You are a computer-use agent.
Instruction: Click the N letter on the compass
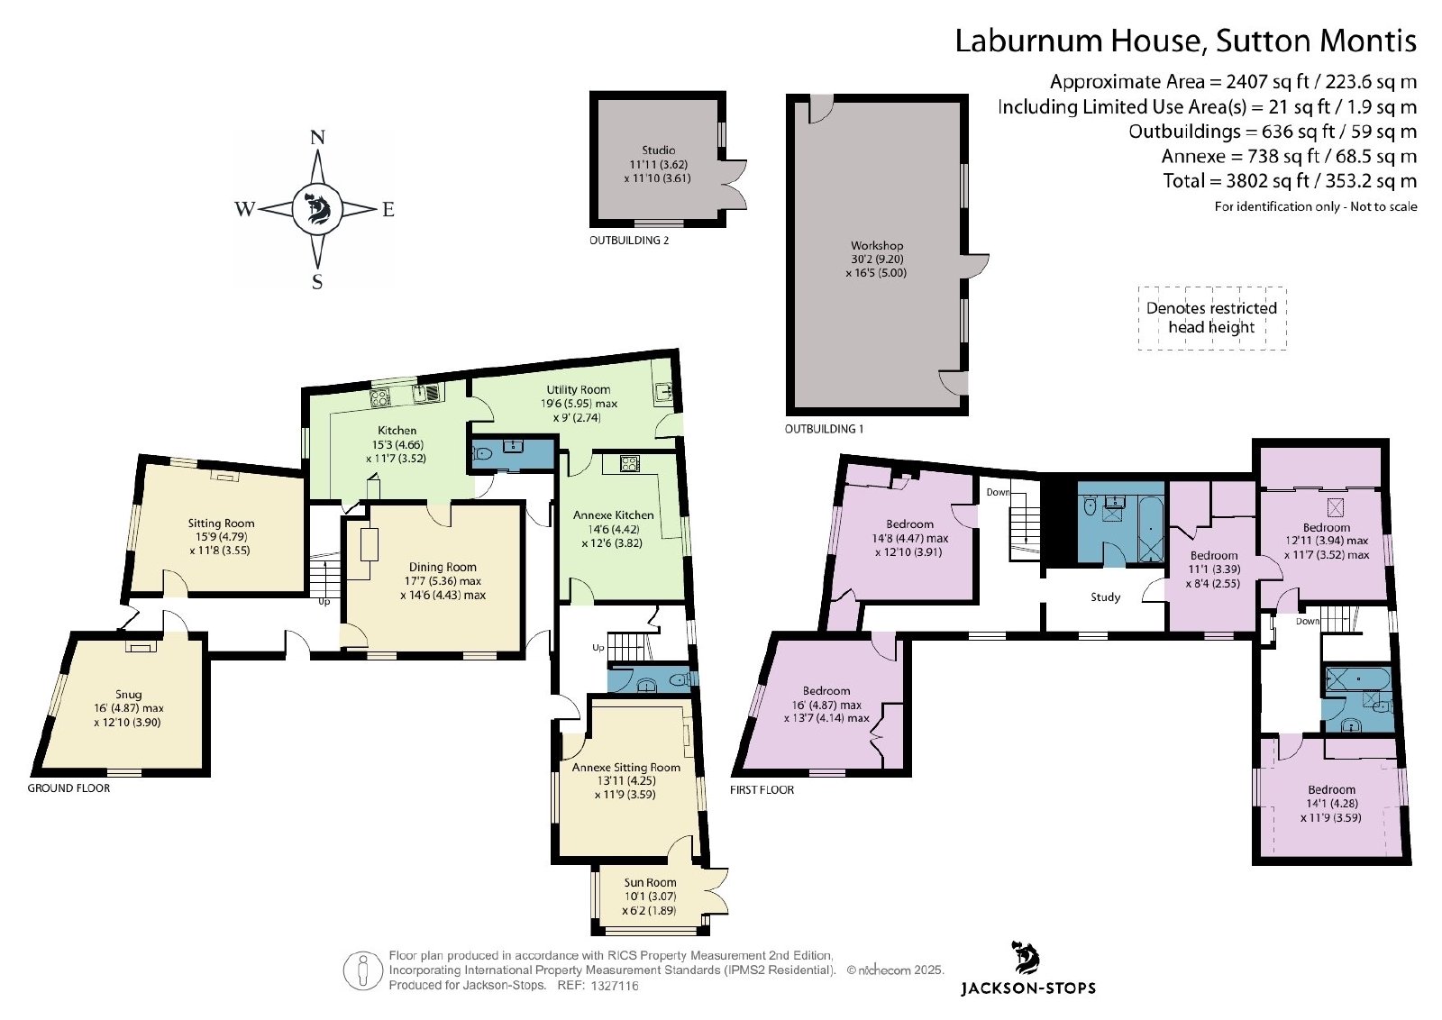[317, 137]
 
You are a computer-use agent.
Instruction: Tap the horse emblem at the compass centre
[316, 208]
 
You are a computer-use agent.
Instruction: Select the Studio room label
[658, 150]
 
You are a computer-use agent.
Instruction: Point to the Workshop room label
[877, 246]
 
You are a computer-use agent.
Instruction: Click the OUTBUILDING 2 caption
[629, 241]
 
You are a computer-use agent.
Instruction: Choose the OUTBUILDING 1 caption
[824, 429]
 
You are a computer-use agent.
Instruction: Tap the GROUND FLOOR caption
[68, 788]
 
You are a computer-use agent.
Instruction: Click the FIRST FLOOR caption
[762, 789]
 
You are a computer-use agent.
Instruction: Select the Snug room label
[129, 695]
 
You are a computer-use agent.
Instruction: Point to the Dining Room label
[443, 567]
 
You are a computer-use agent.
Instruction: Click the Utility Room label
[578, 389]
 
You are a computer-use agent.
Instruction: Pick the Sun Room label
[650, 882]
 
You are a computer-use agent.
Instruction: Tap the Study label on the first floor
[1105, 597]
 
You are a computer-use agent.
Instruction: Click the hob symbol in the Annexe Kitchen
[629, 463]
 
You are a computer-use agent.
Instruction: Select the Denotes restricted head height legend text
[1211, 317]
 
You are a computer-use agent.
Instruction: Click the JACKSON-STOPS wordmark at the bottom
[1028, 988]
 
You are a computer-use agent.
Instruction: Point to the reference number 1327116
[615, 985]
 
